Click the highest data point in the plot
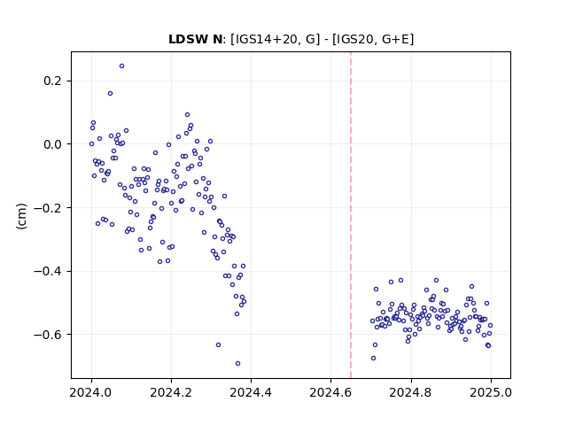(122, 66)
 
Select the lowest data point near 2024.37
(237, 364)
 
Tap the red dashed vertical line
(351, 215)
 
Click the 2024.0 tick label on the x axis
(91, 392)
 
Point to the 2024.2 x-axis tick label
(171, 392)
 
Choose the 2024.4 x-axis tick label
(251, 392)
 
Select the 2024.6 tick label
(330, 392)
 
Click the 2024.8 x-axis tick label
(410, 392)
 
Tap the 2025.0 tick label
(491, 392)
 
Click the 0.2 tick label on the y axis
(53, 81)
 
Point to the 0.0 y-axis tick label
(53, 144)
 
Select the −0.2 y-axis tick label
(48, 208)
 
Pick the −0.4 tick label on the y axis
(48, 271)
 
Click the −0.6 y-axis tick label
(48, 335)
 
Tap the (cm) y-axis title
(21, 216)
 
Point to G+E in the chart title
(395, 39)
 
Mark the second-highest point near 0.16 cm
(110, 94)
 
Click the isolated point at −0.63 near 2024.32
(218, 345)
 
